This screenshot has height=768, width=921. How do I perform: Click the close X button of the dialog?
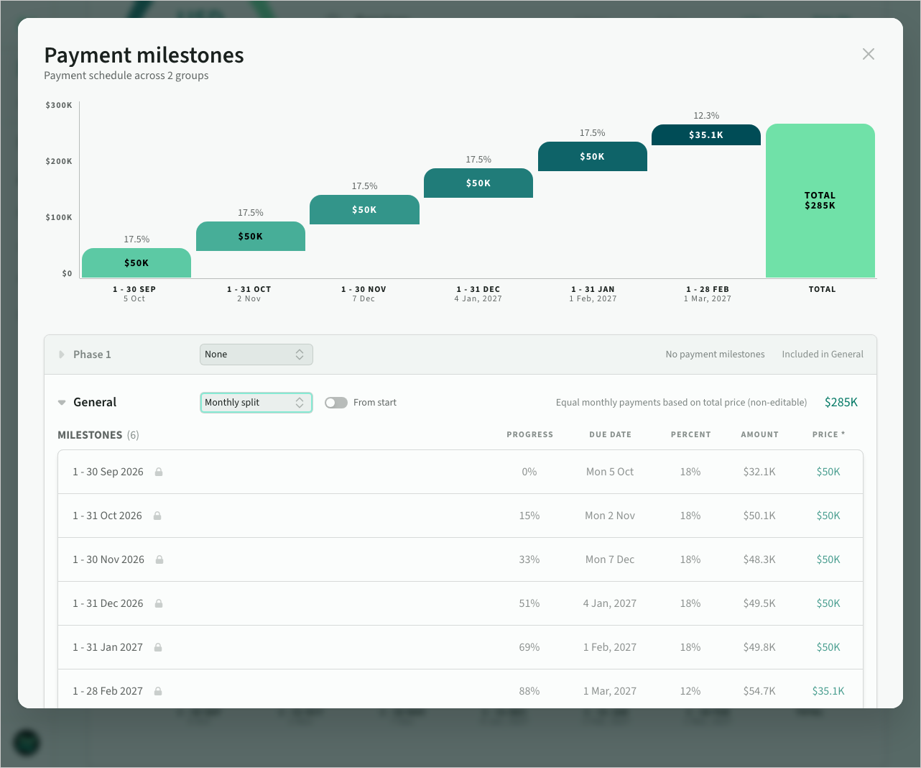[868, 55]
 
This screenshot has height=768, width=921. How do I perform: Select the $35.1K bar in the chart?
[705, 134]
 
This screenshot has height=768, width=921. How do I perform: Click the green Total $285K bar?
[820, 201]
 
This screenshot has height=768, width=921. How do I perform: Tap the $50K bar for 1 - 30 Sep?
[136, 262]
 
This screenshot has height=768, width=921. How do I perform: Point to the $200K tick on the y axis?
[59, 161]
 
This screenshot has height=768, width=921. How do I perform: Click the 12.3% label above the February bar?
[706, 116]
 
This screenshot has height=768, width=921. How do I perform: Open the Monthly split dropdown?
[256, 402]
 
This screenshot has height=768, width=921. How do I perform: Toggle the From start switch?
[336, 402]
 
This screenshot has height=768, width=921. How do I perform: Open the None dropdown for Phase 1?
[256, 355]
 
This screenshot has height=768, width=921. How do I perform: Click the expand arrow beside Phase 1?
[62, 355]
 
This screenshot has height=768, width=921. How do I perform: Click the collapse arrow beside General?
[62, 402]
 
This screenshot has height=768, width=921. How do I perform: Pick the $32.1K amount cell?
[759, 472]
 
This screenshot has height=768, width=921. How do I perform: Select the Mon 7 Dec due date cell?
[610, 559]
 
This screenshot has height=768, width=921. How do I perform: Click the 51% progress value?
[529, 603]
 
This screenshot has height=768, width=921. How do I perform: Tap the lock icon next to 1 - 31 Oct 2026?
[157, 516]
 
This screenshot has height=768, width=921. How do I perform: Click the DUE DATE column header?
[610, 434]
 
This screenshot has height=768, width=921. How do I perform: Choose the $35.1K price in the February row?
[828, 691]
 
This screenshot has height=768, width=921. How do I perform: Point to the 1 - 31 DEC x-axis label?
[478, 289]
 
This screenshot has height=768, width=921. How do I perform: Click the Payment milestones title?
[144, 55]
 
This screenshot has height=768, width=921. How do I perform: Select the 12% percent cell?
[690, 691]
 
